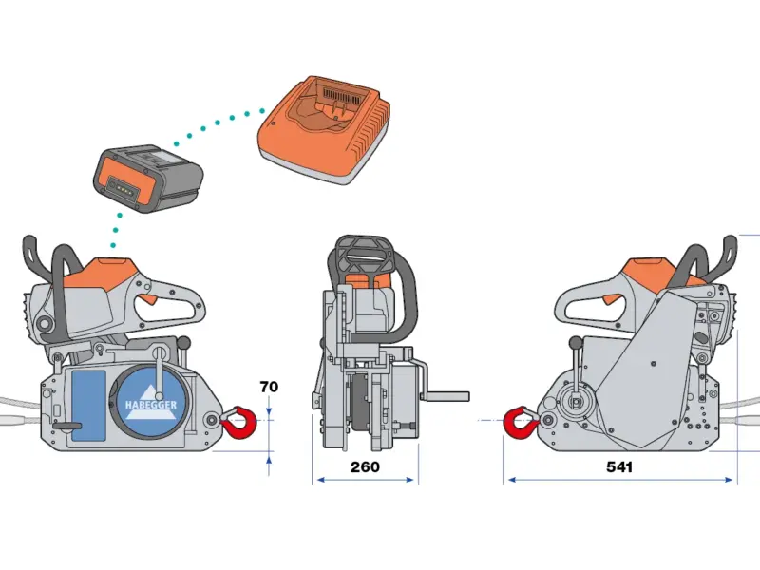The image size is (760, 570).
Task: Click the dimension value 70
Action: point(269,387)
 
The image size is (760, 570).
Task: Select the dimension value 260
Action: point(365,466)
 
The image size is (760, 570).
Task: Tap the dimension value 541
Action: point(617,466)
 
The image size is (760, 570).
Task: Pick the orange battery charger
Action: point(325,133)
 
